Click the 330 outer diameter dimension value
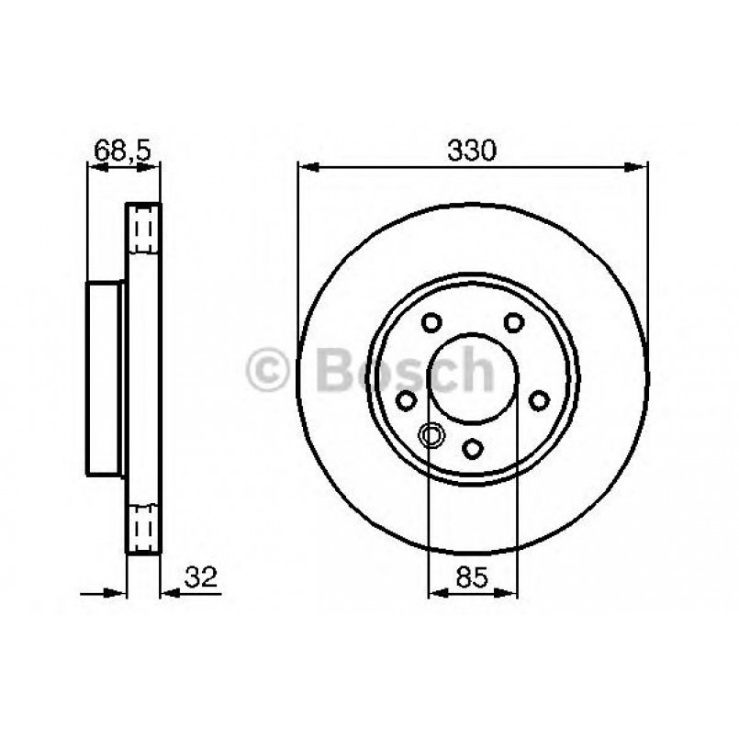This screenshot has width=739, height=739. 472,150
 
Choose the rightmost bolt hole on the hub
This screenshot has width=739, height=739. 540,399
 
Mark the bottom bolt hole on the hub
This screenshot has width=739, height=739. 472,448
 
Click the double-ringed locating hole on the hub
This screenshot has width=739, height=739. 429,435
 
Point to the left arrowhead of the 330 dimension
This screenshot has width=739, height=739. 306,166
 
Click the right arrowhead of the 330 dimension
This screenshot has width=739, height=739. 640,166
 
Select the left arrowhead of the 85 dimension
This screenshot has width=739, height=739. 436,593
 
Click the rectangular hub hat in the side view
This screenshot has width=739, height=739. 106,378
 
